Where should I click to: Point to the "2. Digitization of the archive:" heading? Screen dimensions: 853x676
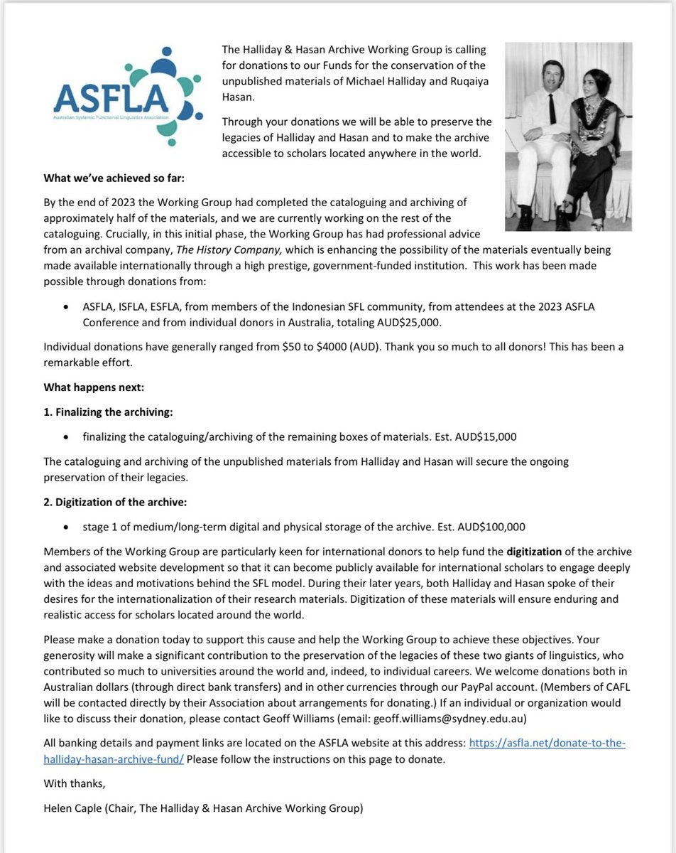pos(115,503)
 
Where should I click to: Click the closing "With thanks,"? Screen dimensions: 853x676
pos(72,785)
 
